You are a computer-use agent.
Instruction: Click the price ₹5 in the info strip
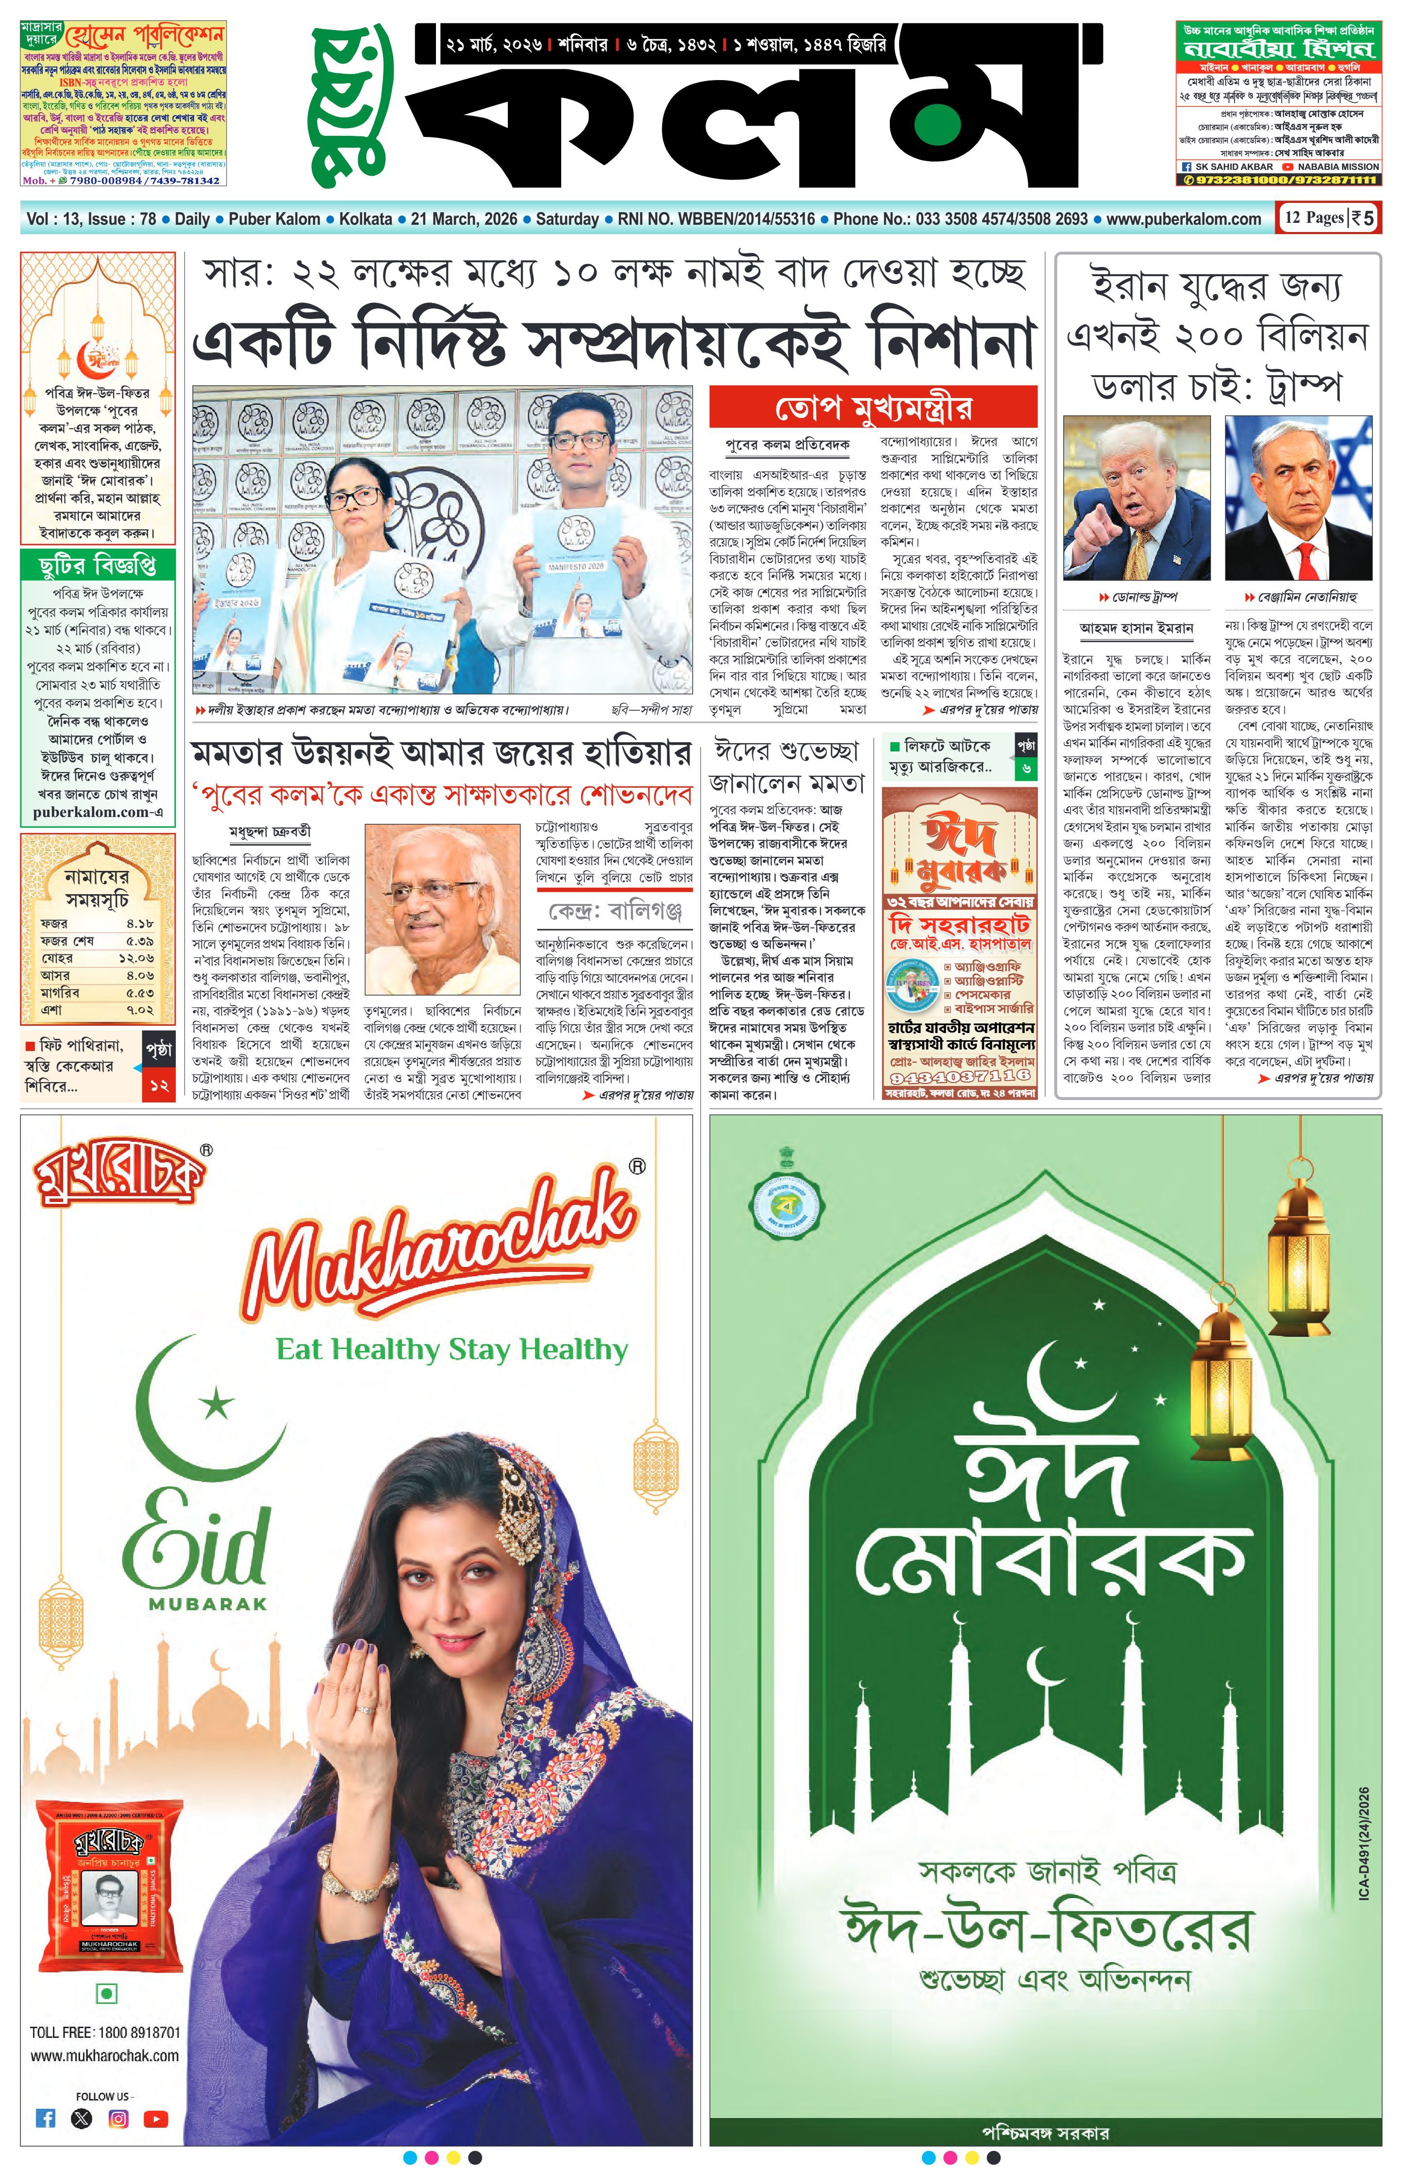(1363, 218)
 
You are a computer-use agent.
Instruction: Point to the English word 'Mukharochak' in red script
(437, 1252)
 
